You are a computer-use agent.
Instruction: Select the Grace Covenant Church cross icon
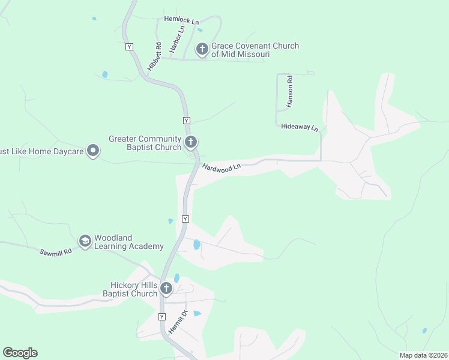[202, 49]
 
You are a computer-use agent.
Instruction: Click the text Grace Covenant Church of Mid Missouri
[255, 50]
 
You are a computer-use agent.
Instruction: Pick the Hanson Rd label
[289, 91]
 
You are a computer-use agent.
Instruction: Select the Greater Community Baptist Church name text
[145, 143]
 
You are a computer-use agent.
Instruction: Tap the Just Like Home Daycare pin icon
[92, 151]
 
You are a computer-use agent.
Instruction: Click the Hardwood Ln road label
[221, 168]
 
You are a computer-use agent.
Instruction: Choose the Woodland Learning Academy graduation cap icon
[85, 241]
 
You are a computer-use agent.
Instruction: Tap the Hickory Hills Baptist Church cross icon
[166, 289]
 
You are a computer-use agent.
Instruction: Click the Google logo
[20, 353]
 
